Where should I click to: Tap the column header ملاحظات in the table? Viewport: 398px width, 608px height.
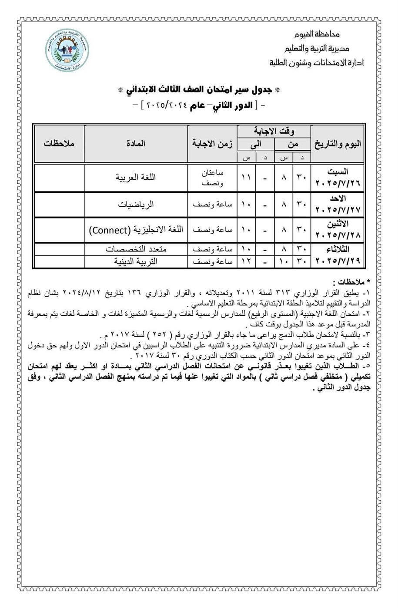click(59, 144)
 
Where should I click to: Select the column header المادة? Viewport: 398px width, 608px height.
click(136, 144)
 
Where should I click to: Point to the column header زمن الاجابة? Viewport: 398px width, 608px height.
click(213, 144)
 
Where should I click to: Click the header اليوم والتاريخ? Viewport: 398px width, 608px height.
click(338, 144)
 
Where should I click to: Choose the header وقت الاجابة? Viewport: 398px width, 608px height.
click(274, 131)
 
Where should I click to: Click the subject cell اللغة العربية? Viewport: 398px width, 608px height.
click(136, 177)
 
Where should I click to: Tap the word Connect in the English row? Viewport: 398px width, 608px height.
click(108, 230)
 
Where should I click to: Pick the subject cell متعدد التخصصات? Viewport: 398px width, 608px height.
click(136, 249)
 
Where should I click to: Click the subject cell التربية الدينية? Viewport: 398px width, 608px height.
click(136, 261)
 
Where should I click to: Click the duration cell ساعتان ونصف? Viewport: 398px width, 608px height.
click(213, 177)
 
